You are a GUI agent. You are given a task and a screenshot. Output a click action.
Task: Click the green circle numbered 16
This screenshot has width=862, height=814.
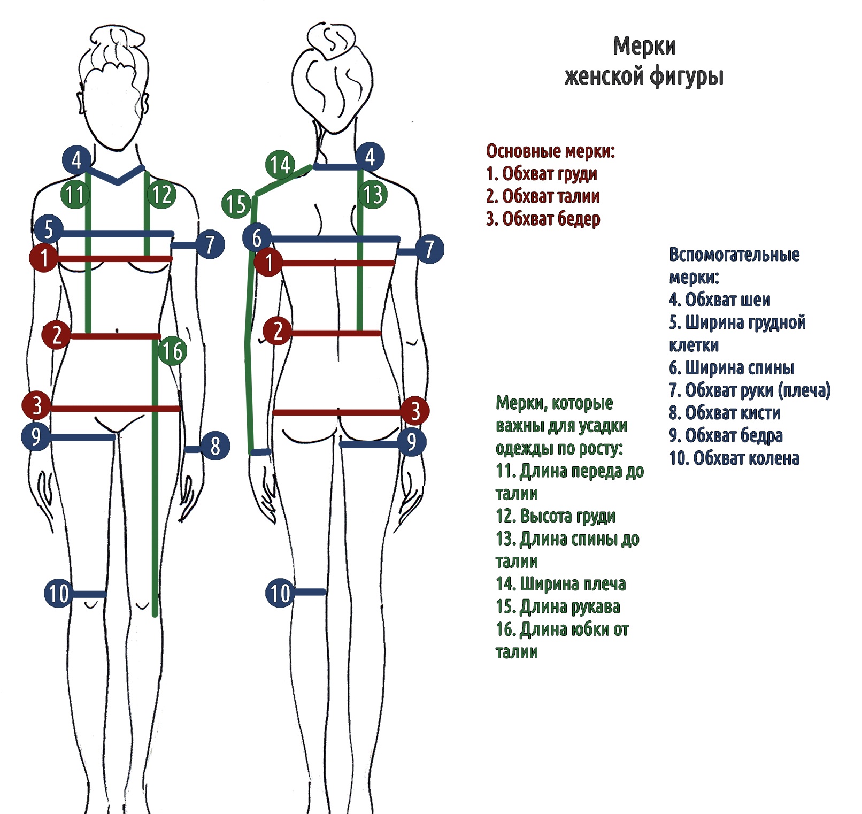click(x=172, y=351)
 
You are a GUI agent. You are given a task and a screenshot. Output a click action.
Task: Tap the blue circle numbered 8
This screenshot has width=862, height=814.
click(x=215, y=446)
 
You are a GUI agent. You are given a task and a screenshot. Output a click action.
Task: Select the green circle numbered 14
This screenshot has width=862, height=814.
click(x=280, y=165)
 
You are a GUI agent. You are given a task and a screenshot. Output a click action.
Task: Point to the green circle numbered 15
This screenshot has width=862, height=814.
click(x=236, y=204)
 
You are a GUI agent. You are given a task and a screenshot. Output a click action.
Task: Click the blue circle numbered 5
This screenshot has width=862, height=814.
click(x=49, y=229)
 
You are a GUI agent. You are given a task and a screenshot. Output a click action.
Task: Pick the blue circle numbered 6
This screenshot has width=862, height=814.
click(x=257, y=238)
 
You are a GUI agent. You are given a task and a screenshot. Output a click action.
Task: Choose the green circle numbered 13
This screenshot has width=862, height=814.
click(x=373, y=194)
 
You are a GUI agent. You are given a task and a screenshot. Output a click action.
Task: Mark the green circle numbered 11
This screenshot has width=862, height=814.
click(x=75, y=194)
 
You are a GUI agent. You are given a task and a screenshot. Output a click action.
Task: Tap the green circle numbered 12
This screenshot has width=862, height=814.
click(x=161, y=194)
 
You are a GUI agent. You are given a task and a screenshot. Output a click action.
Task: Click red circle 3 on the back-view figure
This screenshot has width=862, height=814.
click(x=415, y=411)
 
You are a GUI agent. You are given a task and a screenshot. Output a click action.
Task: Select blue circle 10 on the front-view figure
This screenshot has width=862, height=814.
click(x=58, y=593)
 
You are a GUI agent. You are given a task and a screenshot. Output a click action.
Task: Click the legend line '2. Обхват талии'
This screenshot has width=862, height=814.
click(x=542, y=196)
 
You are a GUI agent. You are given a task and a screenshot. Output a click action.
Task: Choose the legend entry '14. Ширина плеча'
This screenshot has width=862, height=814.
click(x=560, y=583)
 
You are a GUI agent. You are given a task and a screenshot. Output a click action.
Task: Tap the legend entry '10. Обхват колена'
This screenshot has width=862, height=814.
click(x=734, y=458)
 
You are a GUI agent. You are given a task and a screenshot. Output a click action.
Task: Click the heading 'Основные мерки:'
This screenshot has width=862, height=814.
click(x=550, y=151)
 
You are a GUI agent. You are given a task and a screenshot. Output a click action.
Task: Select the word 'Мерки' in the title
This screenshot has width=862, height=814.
click(x=644, y=47)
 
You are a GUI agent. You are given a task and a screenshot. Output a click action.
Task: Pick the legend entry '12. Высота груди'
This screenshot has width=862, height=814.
click(x=556, y=516)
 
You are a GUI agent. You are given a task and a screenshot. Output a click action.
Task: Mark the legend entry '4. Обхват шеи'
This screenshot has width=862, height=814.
click(x=719, y=300)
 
